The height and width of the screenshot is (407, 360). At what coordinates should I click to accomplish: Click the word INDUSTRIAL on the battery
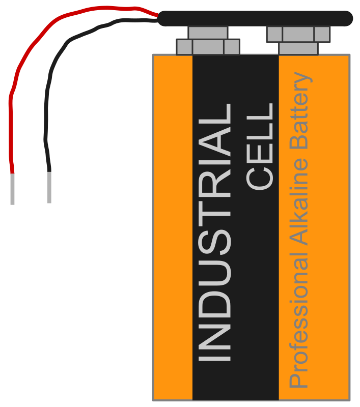tap(214, 232)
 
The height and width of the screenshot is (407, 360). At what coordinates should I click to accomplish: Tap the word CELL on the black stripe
tap(260, 147)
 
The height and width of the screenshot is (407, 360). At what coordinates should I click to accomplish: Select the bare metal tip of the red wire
tap(12, 189)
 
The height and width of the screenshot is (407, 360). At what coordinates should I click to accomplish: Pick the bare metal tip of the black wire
tap(49, 187)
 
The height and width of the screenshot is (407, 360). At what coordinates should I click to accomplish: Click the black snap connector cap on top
tap(255, 18)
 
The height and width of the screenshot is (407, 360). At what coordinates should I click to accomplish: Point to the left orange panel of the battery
tap(173, 227)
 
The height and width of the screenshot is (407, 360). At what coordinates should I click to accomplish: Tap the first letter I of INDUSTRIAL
tap(214, 359)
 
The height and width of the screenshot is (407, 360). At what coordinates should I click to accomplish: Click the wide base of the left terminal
tap(208, 47)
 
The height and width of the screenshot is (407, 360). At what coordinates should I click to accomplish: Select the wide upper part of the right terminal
tap(298, 34)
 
